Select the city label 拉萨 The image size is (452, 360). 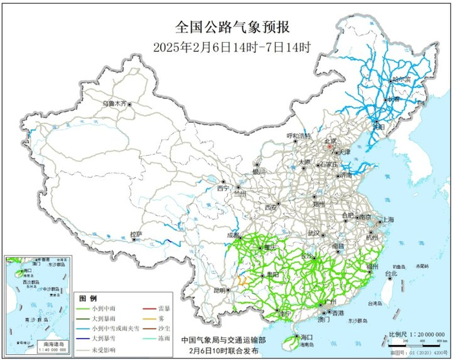(135, 233)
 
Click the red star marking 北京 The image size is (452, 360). (330, 147)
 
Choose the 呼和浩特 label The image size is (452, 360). (299, 136)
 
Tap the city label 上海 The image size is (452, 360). (387, 220)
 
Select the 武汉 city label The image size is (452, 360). (314, 232)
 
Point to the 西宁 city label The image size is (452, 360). (223, 189)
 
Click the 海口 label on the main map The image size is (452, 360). (306, 337)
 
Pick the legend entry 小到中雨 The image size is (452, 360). (103, 310)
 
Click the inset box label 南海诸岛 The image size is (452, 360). (46, 344)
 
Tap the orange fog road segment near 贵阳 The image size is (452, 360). (243, 281)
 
